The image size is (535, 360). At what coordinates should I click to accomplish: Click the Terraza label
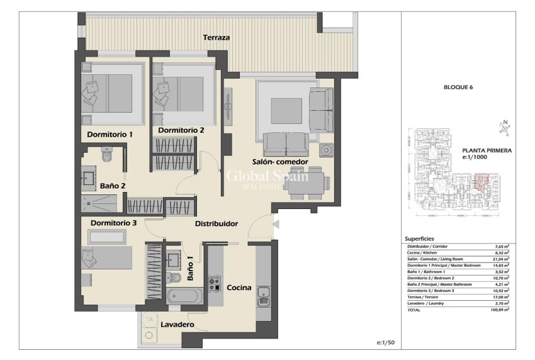point(216,38)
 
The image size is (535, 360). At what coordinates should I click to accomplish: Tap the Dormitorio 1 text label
point(110,135)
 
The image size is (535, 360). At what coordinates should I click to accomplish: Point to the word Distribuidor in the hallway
point(216,223)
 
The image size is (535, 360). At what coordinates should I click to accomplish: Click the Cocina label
point(239,288)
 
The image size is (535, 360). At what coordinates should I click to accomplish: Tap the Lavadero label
point(177,325)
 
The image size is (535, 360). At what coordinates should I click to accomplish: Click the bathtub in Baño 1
point(185,296)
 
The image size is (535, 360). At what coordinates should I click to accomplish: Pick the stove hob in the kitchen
point(214,284)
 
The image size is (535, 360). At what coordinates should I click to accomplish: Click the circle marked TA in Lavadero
point(150,319)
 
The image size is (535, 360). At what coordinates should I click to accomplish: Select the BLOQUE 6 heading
point(458,87)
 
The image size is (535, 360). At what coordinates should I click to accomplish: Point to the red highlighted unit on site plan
point(481,183)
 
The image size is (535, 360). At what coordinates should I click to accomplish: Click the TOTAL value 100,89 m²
point(501,310)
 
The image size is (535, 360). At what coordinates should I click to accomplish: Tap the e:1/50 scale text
point(385,343)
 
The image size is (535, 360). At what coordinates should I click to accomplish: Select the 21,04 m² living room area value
point(501,259)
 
